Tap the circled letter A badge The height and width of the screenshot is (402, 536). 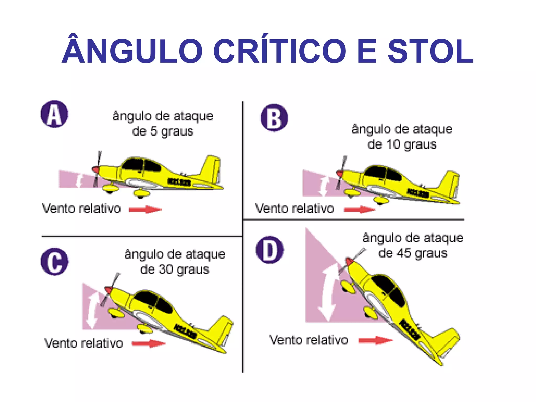click(54, 114)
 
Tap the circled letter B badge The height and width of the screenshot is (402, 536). click(274, 118)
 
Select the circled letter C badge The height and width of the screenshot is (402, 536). click(54, 261)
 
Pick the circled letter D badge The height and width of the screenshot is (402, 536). click(270, 250)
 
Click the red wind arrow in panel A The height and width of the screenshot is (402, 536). click(145, 209)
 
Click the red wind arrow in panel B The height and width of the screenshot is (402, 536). click(360, 209)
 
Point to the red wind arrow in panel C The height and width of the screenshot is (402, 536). click(149, 343)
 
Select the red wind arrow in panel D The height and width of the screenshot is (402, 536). click(376, 340)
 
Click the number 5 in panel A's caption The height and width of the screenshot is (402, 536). click(153, 131)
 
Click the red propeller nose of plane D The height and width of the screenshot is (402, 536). click(349, 261)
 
